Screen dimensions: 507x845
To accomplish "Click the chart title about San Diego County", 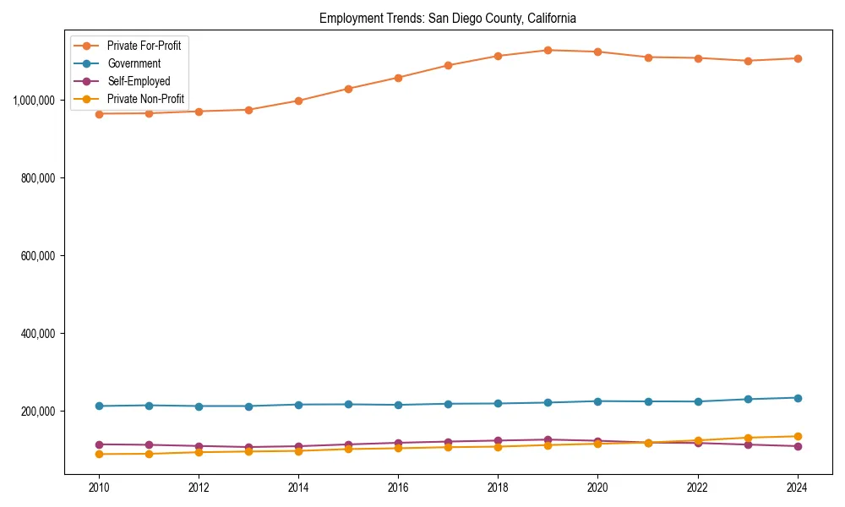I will click(x=447, y=18).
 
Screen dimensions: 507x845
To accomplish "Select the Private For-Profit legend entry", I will click(x=144, y=45).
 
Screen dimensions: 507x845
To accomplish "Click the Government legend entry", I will click(x=134, y=63).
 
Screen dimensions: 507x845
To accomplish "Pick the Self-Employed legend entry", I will click(x=139, y=81).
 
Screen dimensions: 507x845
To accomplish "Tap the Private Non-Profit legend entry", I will click(x=145, y=99).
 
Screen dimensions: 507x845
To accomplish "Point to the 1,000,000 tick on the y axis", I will click(x=34, y=100).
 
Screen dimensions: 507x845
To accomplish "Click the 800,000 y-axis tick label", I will click(x=37, y=177).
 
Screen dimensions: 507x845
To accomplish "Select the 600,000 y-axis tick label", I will click(x=37, y=255).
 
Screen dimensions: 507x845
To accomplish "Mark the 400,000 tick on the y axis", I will click(x=37, y=333).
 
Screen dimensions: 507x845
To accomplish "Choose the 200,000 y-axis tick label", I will click(x=37, y=411).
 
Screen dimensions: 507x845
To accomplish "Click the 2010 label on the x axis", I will click(x=99, y=488).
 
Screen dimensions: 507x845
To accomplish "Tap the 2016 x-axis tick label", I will click(x=398, y=488).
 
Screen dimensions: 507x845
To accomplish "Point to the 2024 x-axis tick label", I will click(x=797, y=488).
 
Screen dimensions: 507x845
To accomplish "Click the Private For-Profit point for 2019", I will click(x=548, y=50).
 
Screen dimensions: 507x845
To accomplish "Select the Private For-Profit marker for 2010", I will click(x=99, y=113).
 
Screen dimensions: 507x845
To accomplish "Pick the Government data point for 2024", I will click(x=797, y=398).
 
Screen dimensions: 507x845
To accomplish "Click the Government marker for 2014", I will click(x=298, y=405).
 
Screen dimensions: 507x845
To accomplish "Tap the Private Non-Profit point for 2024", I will click(x=797, y=436).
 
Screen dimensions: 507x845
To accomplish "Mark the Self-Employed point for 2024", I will click(x=797, y=446).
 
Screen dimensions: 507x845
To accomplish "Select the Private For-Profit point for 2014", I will click(x=298, y=101).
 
